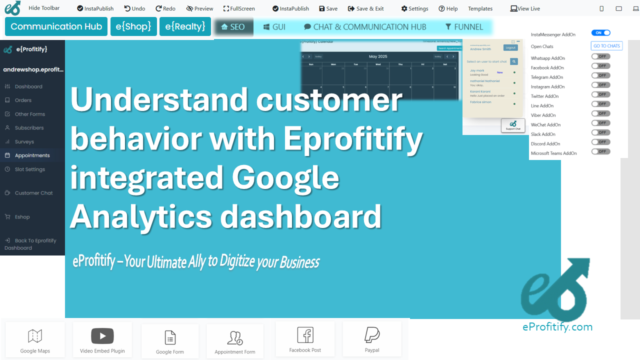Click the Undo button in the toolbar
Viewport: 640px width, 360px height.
(x=134, y=8)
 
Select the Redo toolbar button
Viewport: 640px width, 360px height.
(x=165, y=8)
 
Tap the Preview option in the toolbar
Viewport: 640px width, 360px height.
(x=199, y=8)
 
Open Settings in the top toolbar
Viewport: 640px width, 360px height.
(x=414, y=8)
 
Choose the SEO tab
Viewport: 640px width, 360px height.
(x=233, y=27)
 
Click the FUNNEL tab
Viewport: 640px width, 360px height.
(x=464, y=27)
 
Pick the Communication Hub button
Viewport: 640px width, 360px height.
(x=56, y=26)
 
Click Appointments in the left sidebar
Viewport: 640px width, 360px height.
(x=32, y=155)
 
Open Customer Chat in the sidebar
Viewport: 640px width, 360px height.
(x=33, y=193)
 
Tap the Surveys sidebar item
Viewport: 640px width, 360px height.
(x=24, y=142)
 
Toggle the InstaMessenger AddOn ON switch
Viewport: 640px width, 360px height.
(x=600, y=33)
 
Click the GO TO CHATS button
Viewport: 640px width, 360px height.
(x=606, y=46)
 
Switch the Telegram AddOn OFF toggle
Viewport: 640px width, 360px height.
(x=600, y=75)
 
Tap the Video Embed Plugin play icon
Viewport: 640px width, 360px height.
(x=102, y=335)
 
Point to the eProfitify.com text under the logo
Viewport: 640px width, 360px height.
(x=557, y=327)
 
